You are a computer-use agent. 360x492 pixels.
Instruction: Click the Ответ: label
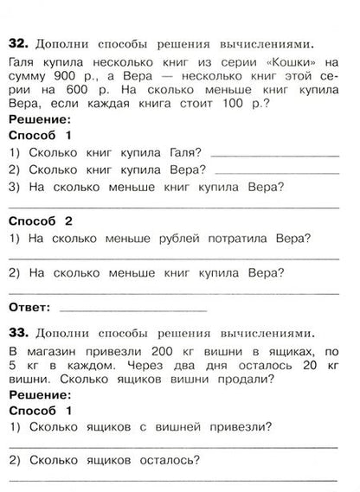coord(29,307)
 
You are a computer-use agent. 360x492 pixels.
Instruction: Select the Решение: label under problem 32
coord(35,121)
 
